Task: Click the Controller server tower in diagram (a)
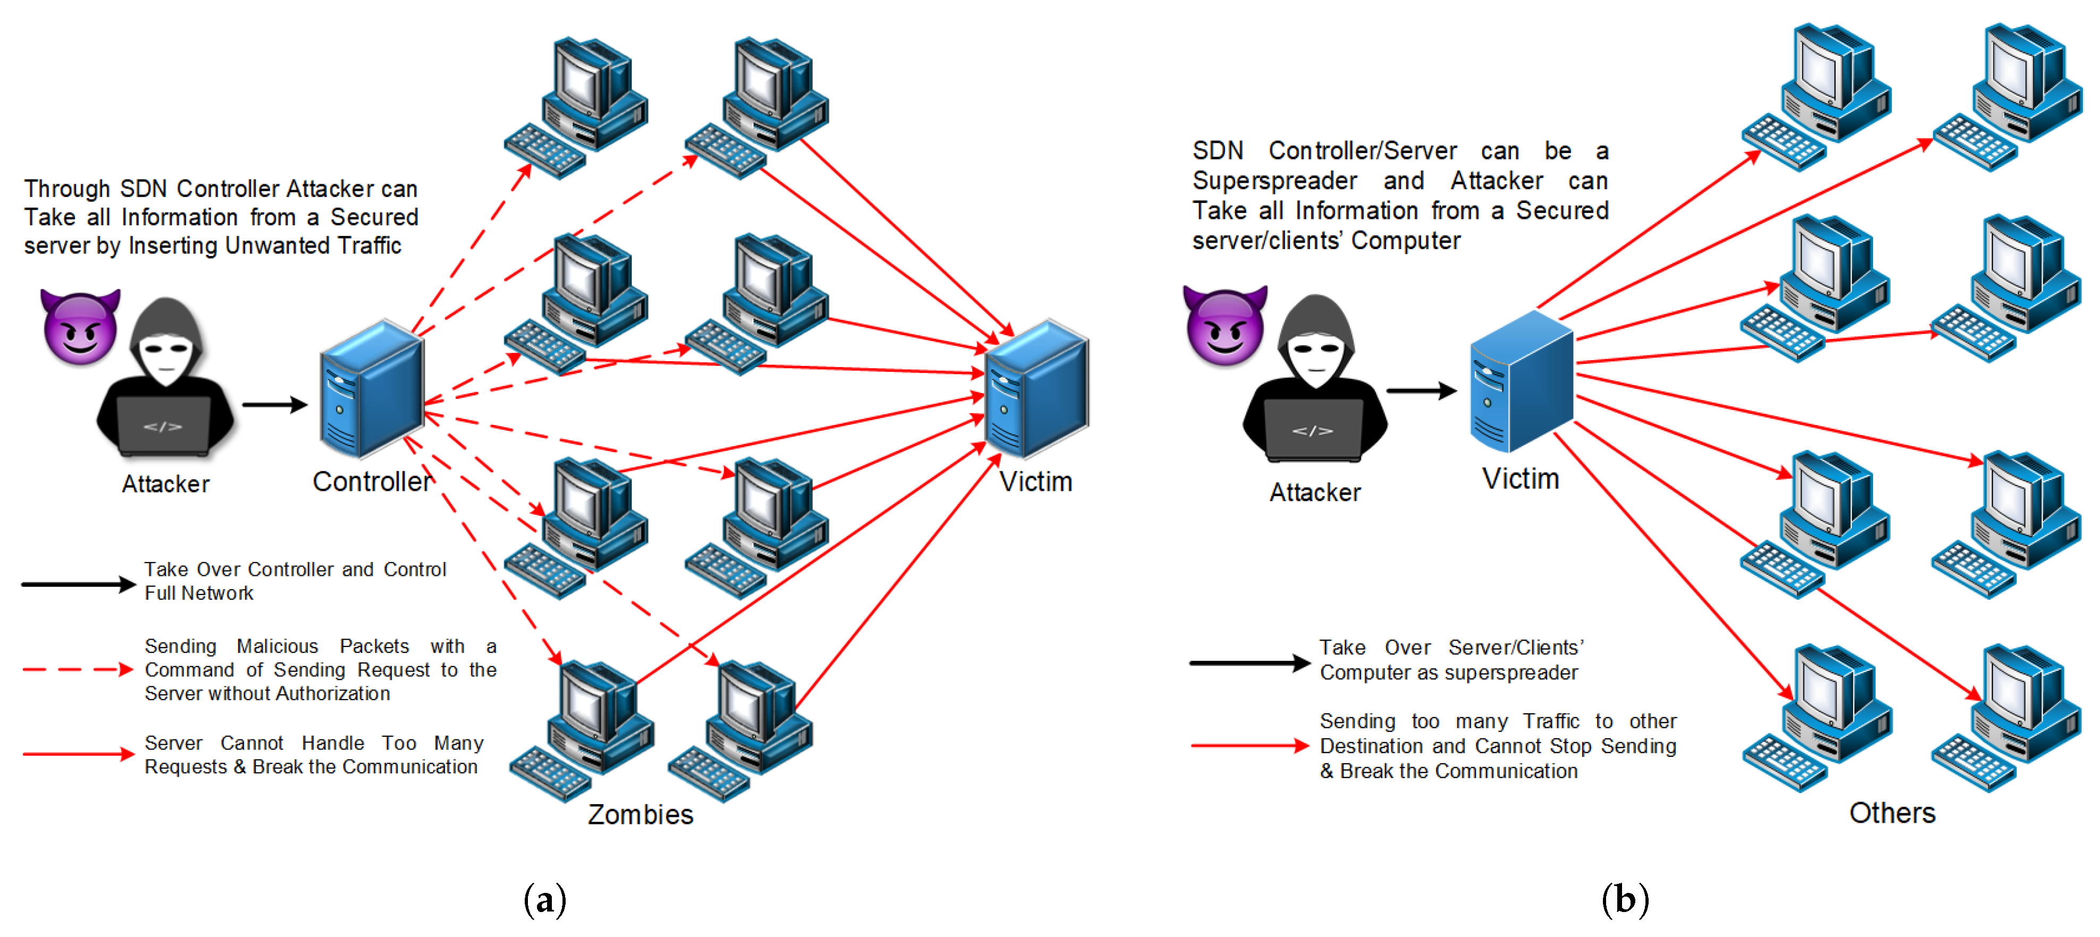click(x=372, y=389)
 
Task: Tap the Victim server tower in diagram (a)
click(x=1036, y=389)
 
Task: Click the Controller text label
click(x=372, y=482)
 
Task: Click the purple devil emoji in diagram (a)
click(x=80, y=327)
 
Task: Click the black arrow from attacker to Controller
click(x=275, y=404)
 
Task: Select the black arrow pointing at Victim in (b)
click(x=1422, y=391)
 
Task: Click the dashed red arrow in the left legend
click(x=78, y=670)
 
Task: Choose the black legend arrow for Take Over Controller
click(x=78, y=584)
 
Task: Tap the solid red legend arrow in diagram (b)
click(x=1250, y=746)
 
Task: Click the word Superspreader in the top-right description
click(x=1274, y=181)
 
